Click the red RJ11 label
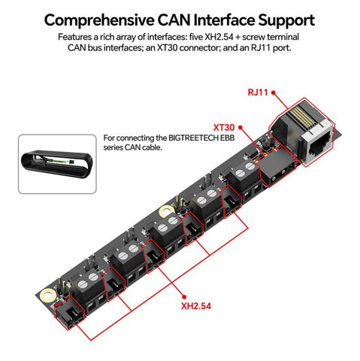click(x=258, y=93)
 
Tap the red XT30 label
click(x=224, y=128)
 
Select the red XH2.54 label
click(x=196, y=306)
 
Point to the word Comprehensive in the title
click(x=99, y=20)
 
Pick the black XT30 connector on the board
click(x=277, y=167)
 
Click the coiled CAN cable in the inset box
click(x=57, y=163)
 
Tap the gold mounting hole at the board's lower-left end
click(x=47, y=295)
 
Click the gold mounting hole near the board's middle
click(x=167, y=211)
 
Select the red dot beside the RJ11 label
click(x=274, y=93)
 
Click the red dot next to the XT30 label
click(x=241, y=127)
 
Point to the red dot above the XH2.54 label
click(x=184, y=297)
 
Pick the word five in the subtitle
click(x=196, y=37)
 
